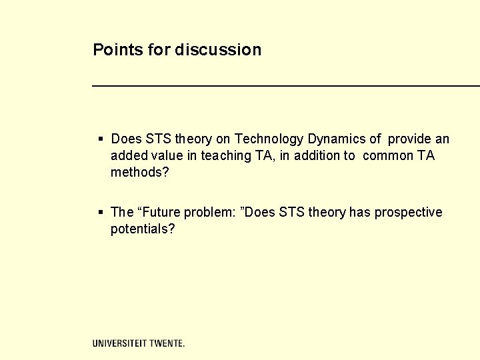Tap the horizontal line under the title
(x=285, y=86)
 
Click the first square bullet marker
(x=101, y=139)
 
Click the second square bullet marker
(x=101, y=213)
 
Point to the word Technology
(x=269, y=139)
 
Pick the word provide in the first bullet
(x=409, y=139)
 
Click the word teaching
(x=225, y=156)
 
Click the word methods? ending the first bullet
(x=140, y=173)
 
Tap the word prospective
(x=408, y=213)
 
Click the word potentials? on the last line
(x=143, y=229)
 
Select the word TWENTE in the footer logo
(x=165, y=343)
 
